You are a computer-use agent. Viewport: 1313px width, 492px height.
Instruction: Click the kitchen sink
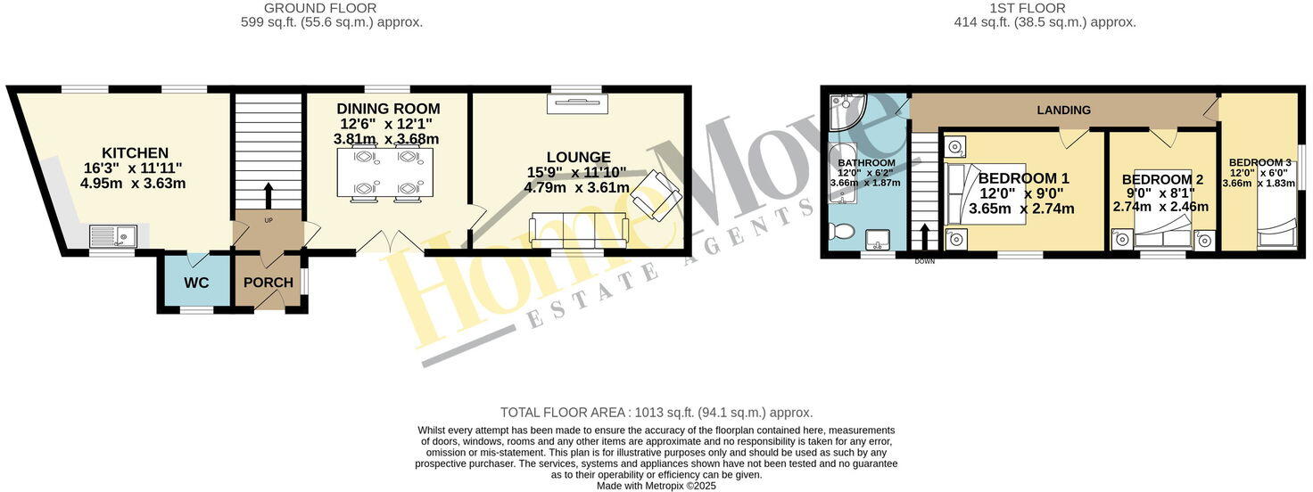[x=112, y=236]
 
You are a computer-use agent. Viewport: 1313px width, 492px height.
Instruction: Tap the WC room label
[x=196, y=283]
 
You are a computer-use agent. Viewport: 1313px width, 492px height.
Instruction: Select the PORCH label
[x=268, y=283]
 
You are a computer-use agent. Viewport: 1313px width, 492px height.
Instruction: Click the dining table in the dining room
[x=385, y=172]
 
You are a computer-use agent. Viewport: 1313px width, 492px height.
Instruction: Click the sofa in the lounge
[x=578, y=231]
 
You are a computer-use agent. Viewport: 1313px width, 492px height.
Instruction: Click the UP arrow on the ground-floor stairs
[x=268, y=196]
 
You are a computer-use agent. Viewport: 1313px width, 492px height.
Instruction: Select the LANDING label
[x=1063, y=111]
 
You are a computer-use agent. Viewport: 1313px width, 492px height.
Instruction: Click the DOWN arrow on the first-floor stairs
[x=923, y=239]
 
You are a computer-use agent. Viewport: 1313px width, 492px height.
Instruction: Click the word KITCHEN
[x=135, y=153]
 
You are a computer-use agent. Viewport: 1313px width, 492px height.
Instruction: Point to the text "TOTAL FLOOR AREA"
[x=563, y=413]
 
